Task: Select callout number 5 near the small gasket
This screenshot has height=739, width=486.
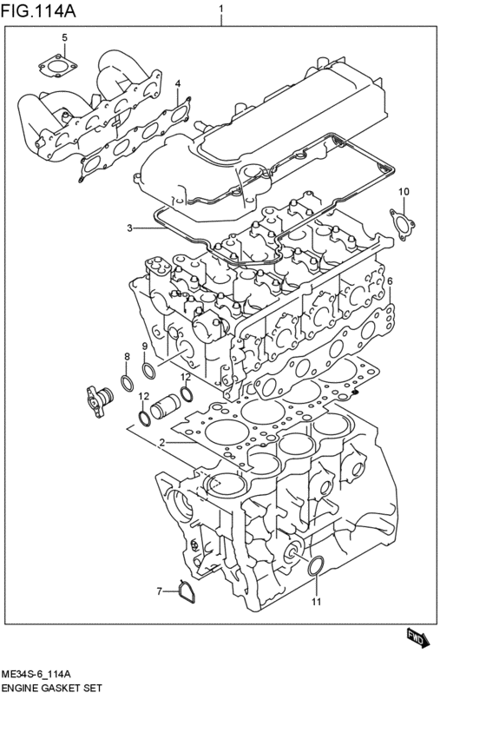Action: [x=63, y=37]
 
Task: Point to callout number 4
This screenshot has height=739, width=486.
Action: [x=177, y=83]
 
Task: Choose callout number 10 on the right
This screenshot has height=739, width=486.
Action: [x=403, y=191]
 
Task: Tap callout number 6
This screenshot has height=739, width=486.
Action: [x=390, y=281]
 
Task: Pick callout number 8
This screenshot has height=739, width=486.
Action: [x=127, y=357]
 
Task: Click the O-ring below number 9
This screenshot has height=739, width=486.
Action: [x=148, y=373]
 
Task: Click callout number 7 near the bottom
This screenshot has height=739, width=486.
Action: [x=159, y=591]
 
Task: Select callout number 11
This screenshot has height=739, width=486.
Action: [x=317, y=602]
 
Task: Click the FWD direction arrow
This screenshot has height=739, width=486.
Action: [x=417, y=639]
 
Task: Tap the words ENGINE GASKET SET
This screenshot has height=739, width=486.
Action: [x=52, y=688]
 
